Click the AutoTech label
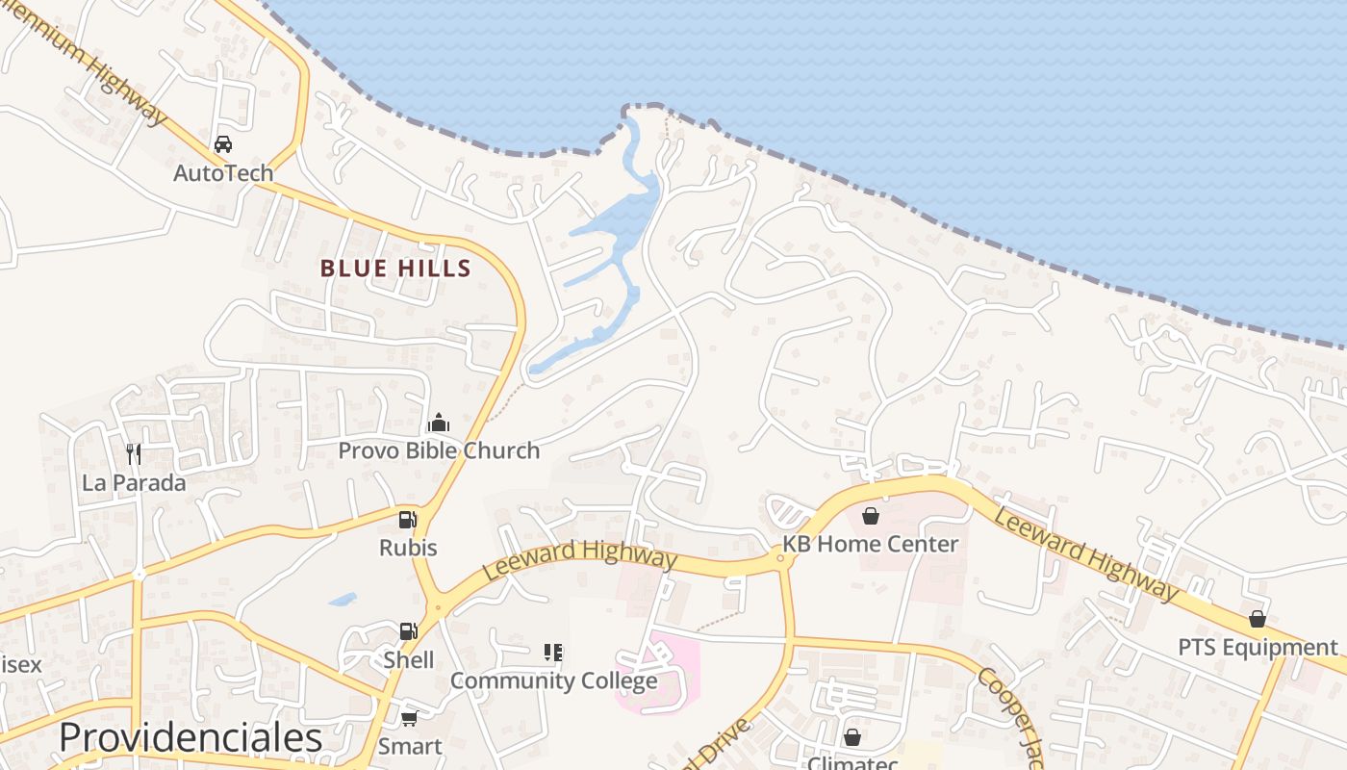click(223, 173)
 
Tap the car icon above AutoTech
click(223, 144)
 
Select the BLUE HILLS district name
click(395, 269)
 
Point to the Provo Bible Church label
click(439, 450)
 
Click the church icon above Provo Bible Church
click(439, 423)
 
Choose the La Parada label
click(134, 482)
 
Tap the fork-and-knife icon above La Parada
click(134, 453)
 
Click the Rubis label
click(408, 548)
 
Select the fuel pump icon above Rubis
click(408, 520)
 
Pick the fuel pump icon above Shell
click(408, 631)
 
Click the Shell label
click(408, 660)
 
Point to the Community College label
click(553, 680)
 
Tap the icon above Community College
click(553, 653)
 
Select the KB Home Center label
click(870, 544)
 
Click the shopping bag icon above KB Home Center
click(870, 516)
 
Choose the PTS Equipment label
click(1258, 647)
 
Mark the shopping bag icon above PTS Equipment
click(1258, 619)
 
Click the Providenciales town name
click(191, 737)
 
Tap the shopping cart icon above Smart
click(409, 718)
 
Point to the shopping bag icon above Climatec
click(851, 737)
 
